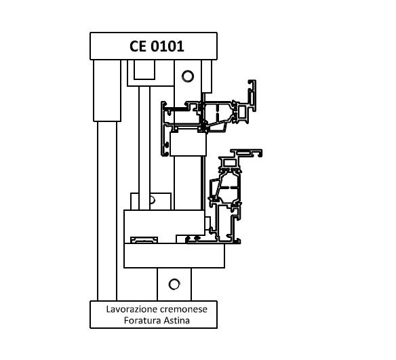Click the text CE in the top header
(138, 47)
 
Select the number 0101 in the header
(167, 47)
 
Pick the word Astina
(177, 321)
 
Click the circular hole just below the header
(188, 76)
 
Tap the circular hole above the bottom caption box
(174, 284)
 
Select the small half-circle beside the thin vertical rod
(153, 200)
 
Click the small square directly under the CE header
(144, 70)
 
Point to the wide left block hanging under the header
(107, 91)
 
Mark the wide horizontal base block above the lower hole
(174, 256)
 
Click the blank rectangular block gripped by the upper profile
(188, 144)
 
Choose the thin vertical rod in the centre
(144, 148)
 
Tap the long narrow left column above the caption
(107, 211)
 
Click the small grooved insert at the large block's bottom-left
(144, 240)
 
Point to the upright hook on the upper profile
(252, 96)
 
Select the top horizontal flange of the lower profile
(247, 153)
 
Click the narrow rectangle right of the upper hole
(207, 77)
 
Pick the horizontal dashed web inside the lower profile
(229, 188)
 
